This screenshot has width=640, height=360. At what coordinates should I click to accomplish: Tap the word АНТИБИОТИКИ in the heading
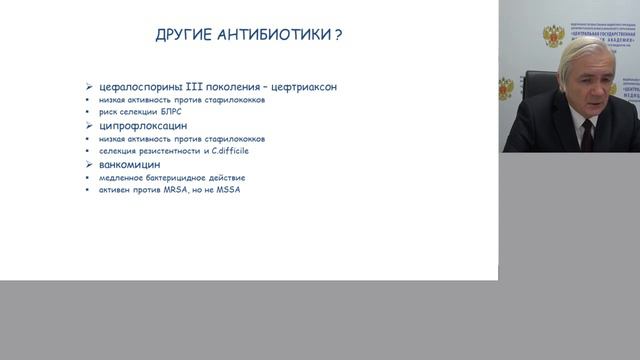(x=274, y=35)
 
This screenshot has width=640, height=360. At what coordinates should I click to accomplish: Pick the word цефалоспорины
(x=134, y=87)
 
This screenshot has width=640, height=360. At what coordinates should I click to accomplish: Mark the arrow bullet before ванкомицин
(x=89, y=164)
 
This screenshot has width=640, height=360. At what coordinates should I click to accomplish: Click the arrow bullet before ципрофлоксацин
(x=89, y=126)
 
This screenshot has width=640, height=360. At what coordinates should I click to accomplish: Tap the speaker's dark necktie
(x=587, y=134)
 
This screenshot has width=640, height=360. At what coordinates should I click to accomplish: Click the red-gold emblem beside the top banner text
(x=553, y=36)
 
